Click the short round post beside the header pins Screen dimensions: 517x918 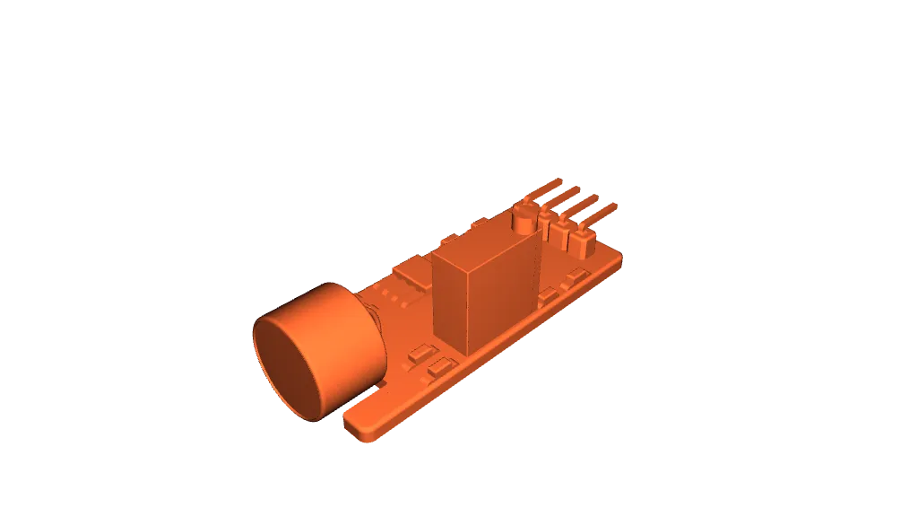pyautogui.click(x=523, y=220)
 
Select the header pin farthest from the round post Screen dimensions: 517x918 pyautogui.click(x=602, y=212)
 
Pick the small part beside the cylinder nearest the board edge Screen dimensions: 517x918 pyautogui.click(x=439, y=367)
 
